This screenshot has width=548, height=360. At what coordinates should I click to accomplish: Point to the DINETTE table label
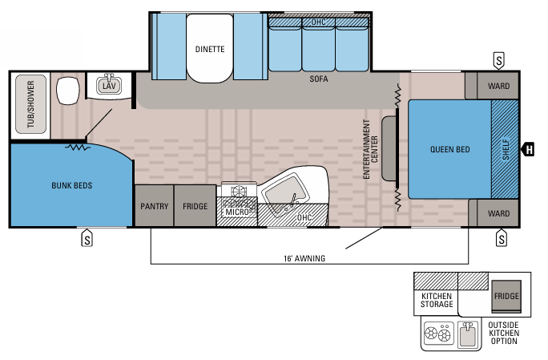pyautogui.click(x=210, y=50)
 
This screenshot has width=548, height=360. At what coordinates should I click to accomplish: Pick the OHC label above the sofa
pyautogui.click(x=318, y=22)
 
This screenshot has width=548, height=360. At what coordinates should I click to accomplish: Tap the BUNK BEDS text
pyautogui.click(x=73, y=185)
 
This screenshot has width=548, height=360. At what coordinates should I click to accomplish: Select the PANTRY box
pyautogui.click(x=154, y=206)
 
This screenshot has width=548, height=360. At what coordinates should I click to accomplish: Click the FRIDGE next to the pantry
pyautogui.click(x=195, y=206)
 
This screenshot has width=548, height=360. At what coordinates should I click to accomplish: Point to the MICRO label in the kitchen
pyautogui.click(x=236, y=212)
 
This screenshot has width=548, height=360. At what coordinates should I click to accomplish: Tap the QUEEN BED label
pyautogui.click(x=449, y=150)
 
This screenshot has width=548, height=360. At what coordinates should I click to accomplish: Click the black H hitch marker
pyautogui.click(x=529, y=149)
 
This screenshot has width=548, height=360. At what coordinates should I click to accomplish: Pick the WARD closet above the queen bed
pyautogui.click(x=498, y=85)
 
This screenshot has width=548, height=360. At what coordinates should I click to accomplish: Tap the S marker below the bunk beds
pyautogui.click(x=87, y=238)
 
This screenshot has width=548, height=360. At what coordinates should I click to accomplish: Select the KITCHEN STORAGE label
pyautogui.click(x=437, y=300)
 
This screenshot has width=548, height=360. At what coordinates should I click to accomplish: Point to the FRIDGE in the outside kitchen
pyautogui.click(x=506, y=296)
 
